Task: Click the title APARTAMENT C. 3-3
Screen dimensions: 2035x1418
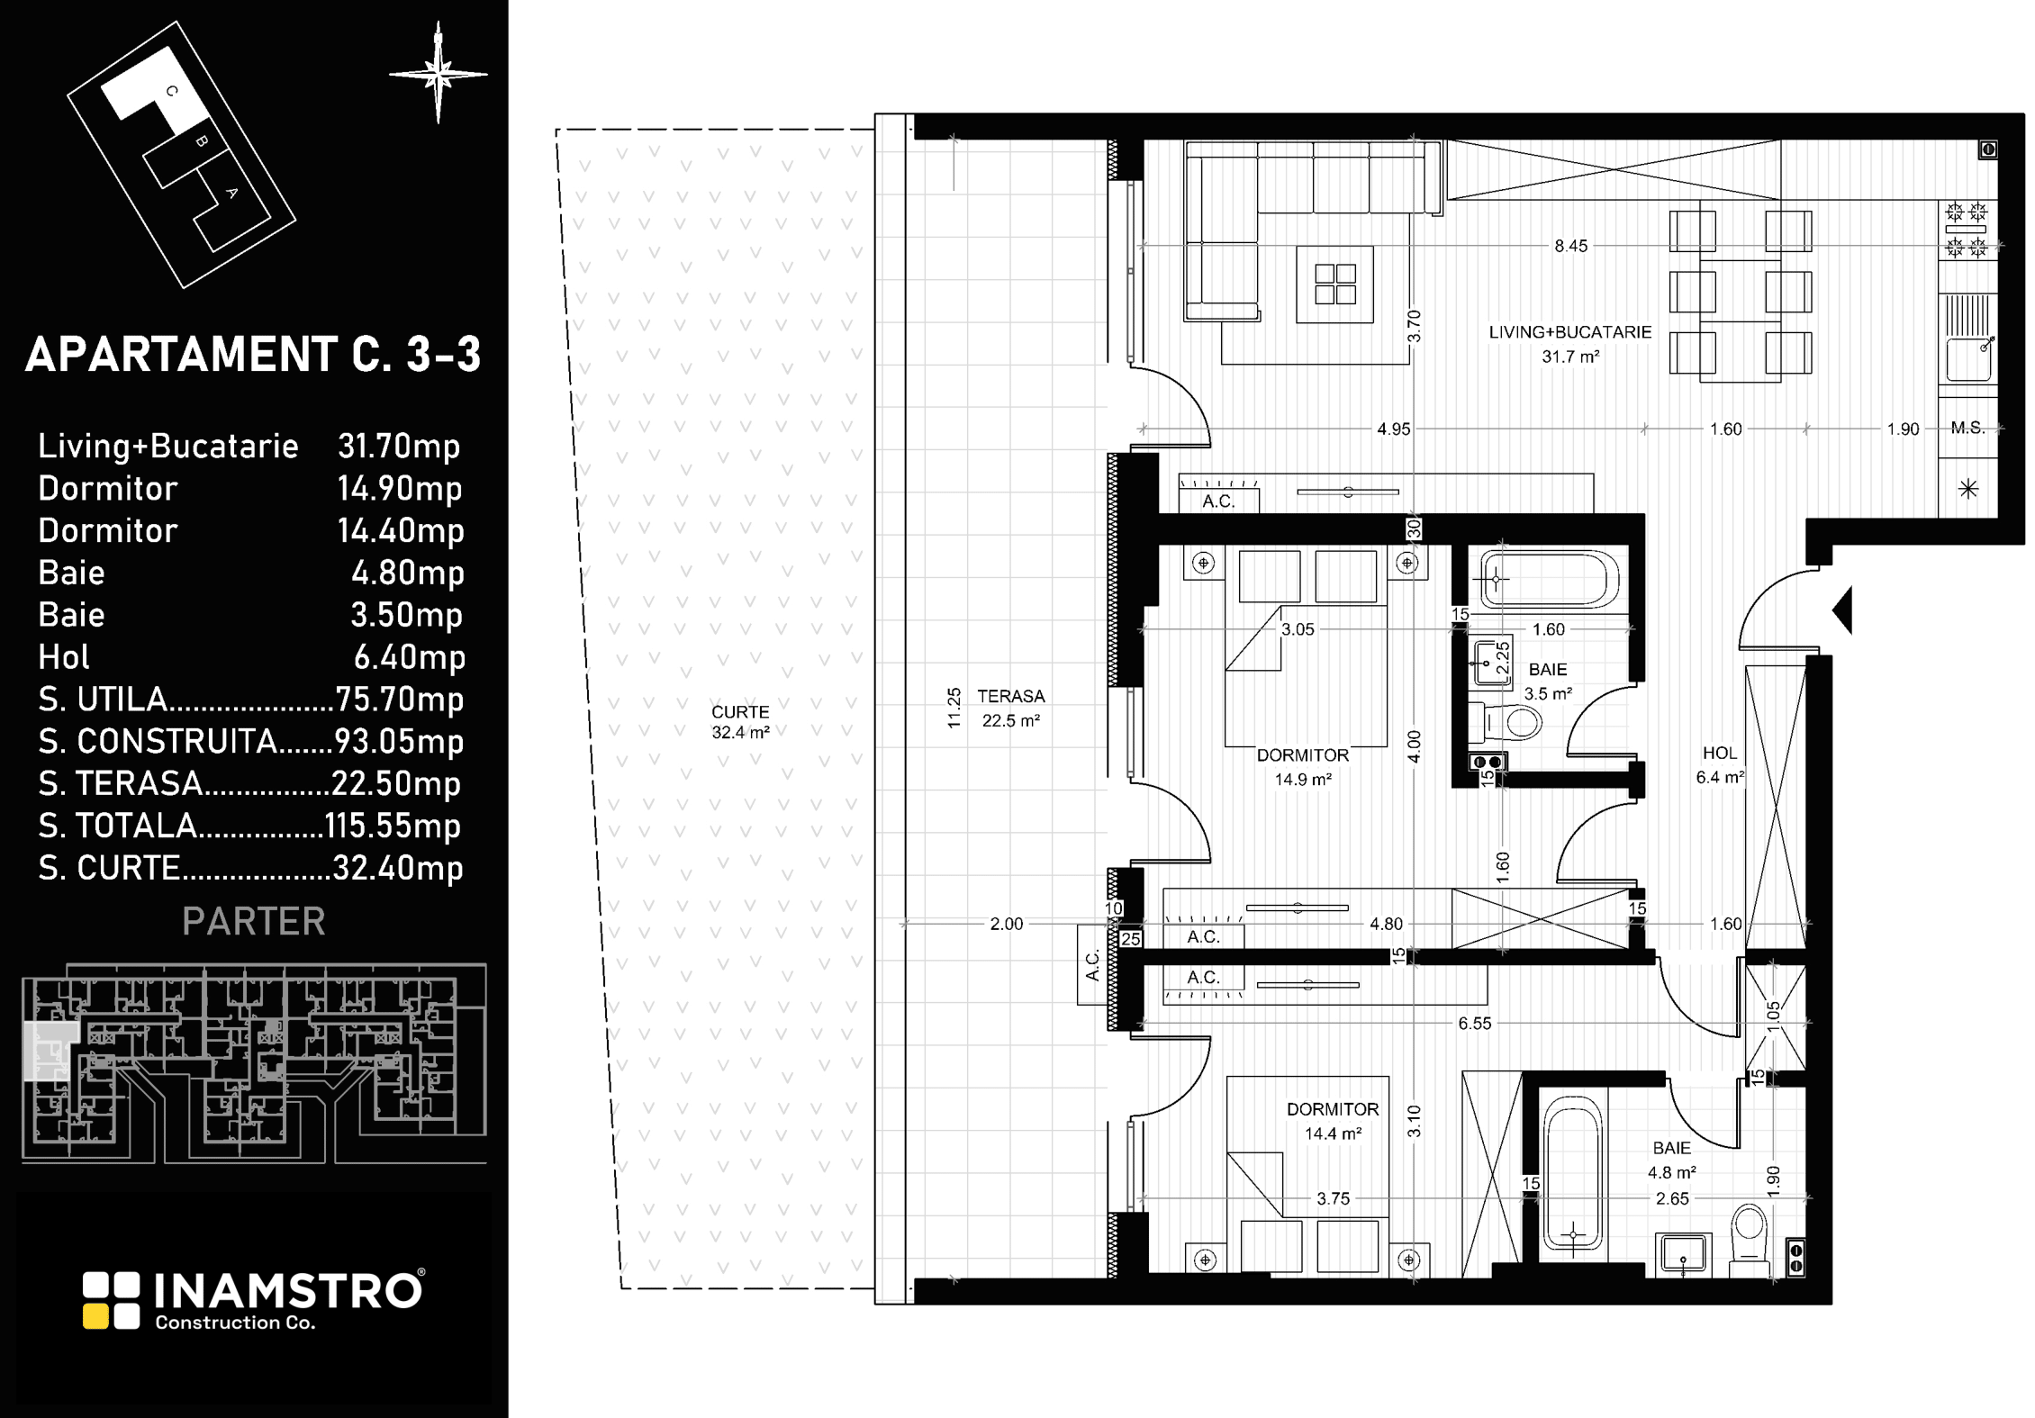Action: (253, 355)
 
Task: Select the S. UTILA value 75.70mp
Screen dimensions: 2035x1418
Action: (399, 700)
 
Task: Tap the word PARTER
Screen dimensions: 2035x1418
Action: (254, 921)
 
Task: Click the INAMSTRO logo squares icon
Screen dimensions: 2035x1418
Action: (112, 1300)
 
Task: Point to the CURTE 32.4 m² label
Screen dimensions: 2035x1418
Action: (740, 722)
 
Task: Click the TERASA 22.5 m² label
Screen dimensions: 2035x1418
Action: (1011, 709)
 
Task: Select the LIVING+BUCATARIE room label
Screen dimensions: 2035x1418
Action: (1570, 332)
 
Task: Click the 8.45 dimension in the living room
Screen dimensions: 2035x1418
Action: (1571, 246)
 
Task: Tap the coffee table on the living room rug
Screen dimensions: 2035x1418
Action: (1335, 285)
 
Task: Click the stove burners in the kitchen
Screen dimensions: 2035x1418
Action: (1967, 230)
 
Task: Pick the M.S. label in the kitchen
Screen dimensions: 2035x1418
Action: (1968, 429)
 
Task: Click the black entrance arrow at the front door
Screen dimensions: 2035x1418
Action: (1842, 610)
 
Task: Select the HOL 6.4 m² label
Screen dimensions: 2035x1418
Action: (1720, 765)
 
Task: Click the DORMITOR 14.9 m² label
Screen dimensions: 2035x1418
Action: (1303, 767)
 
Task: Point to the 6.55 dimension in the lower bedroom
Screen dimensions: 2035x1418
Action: (1475, 1024)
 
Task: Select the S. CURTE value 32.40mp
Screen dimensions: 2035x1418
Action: (398, 868)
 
